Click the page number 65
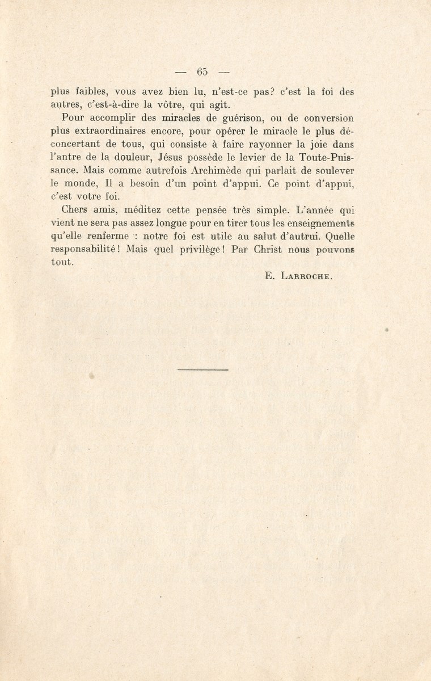tap(202, 72)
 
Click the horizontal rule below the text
tap(202, 369)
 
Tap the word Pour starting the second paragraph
tap(72, 118)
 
